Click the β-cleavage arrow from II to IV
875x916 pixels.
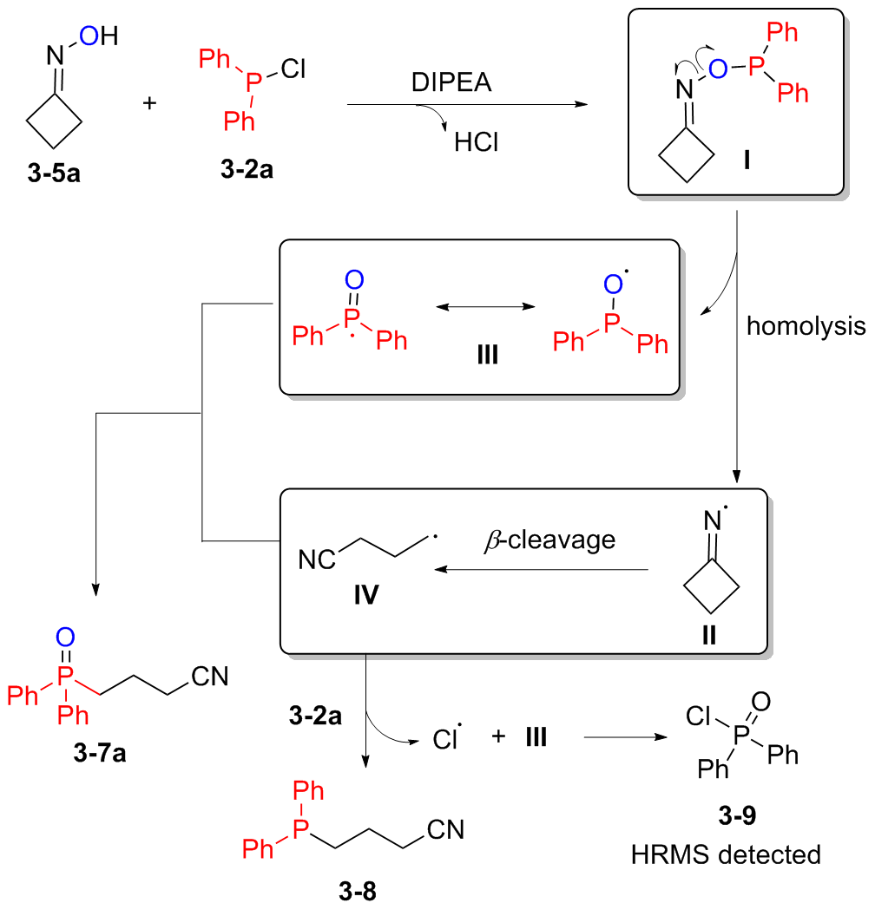[x=543, y=570]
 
